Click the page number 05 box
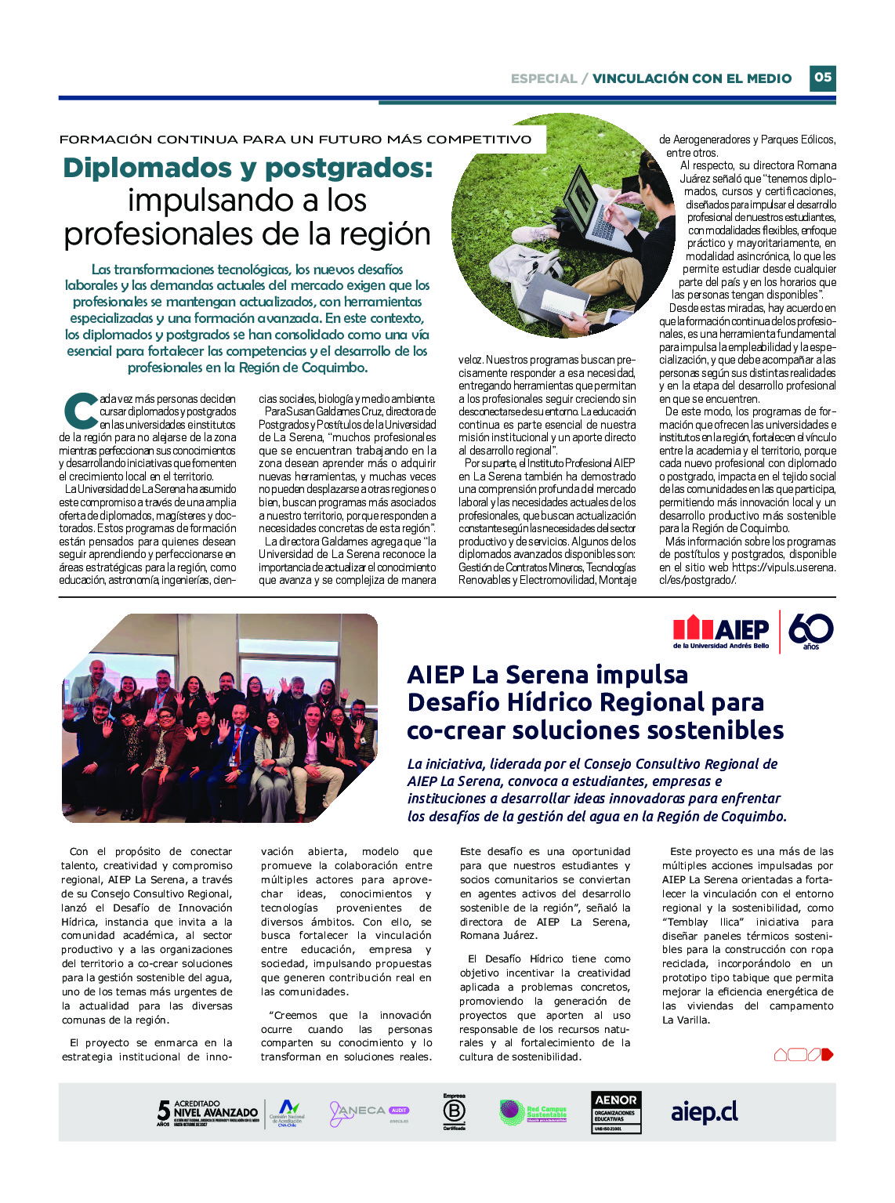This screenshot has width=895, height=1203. (x=822, y=78)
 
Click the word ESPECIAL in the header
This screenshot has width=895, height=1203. (x=543, y=78)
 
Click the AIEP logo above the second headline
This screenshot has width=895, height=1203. (x=721, y=630)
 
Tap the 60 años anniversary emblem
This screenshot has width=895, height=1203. (x=810, y=631)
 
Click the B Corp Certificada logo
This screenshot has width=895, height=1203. (x=455, y=1112)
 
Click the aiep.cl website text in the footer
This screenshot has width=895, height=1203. (x=704, y=1112)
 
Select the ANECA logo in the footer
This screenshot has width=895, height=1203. (x=368, y=1112)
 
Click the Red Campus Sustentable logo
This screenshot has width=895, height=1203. (x=533, y=1112)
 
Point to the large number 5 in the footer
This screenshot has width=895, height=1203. (x=163, y=1111)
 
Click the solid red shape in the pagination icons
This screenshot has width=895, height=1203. (x=828, y=1055)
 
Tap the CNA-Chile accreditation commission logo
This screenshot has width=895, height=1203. (x=287, y=1112)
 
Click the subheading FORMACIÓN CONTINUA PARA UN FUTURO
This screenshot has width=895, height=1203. (x=295, y=140)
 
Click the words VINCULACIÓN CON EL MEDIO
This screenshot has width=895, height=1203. (x=692, y=78)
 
